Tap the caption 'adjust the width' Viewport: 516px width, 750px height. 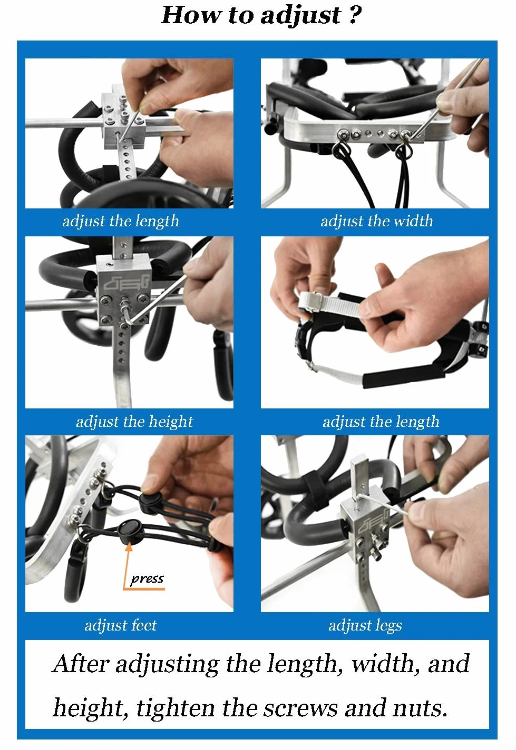tap(376, 221)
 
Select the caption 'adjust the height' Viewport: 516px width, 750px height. tap(134, 422)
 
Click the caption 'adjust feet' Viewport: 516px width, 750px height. tap(120, 625)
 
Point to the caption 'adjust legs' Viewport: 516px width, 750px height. tap(365, 625)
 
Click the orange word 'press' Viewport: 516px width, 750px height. tap(147, 578)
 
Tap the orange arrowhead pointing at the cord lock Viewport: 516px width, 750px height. tap(129, 546)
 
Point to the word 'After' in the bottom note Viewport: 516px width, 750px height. tap(81, 663)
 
